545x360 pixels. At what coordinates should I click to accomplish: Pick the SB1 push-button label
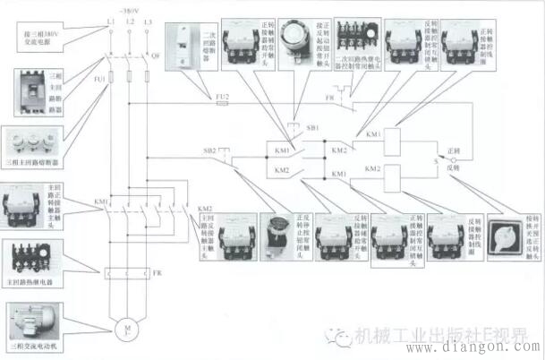point(311,129)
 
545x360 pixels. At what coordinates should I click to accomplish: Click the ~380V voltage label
point(130,7)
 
